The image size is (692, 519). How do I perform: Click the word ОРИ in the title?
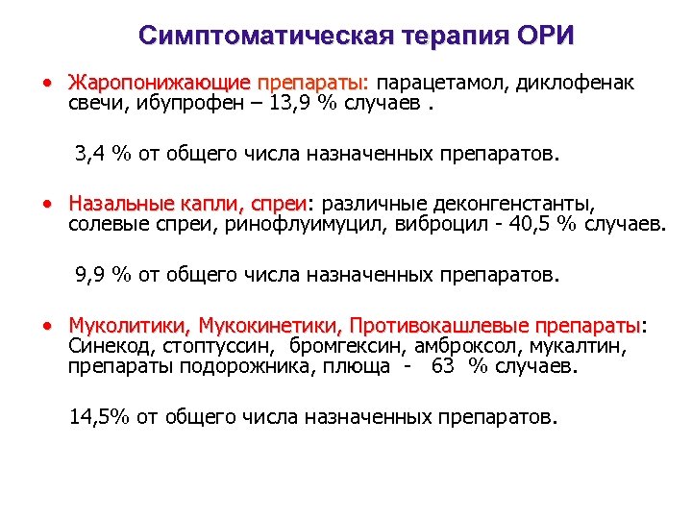tap(545, 37)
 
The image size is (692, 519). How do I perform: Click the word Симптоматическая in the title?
tap(259, 37)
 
